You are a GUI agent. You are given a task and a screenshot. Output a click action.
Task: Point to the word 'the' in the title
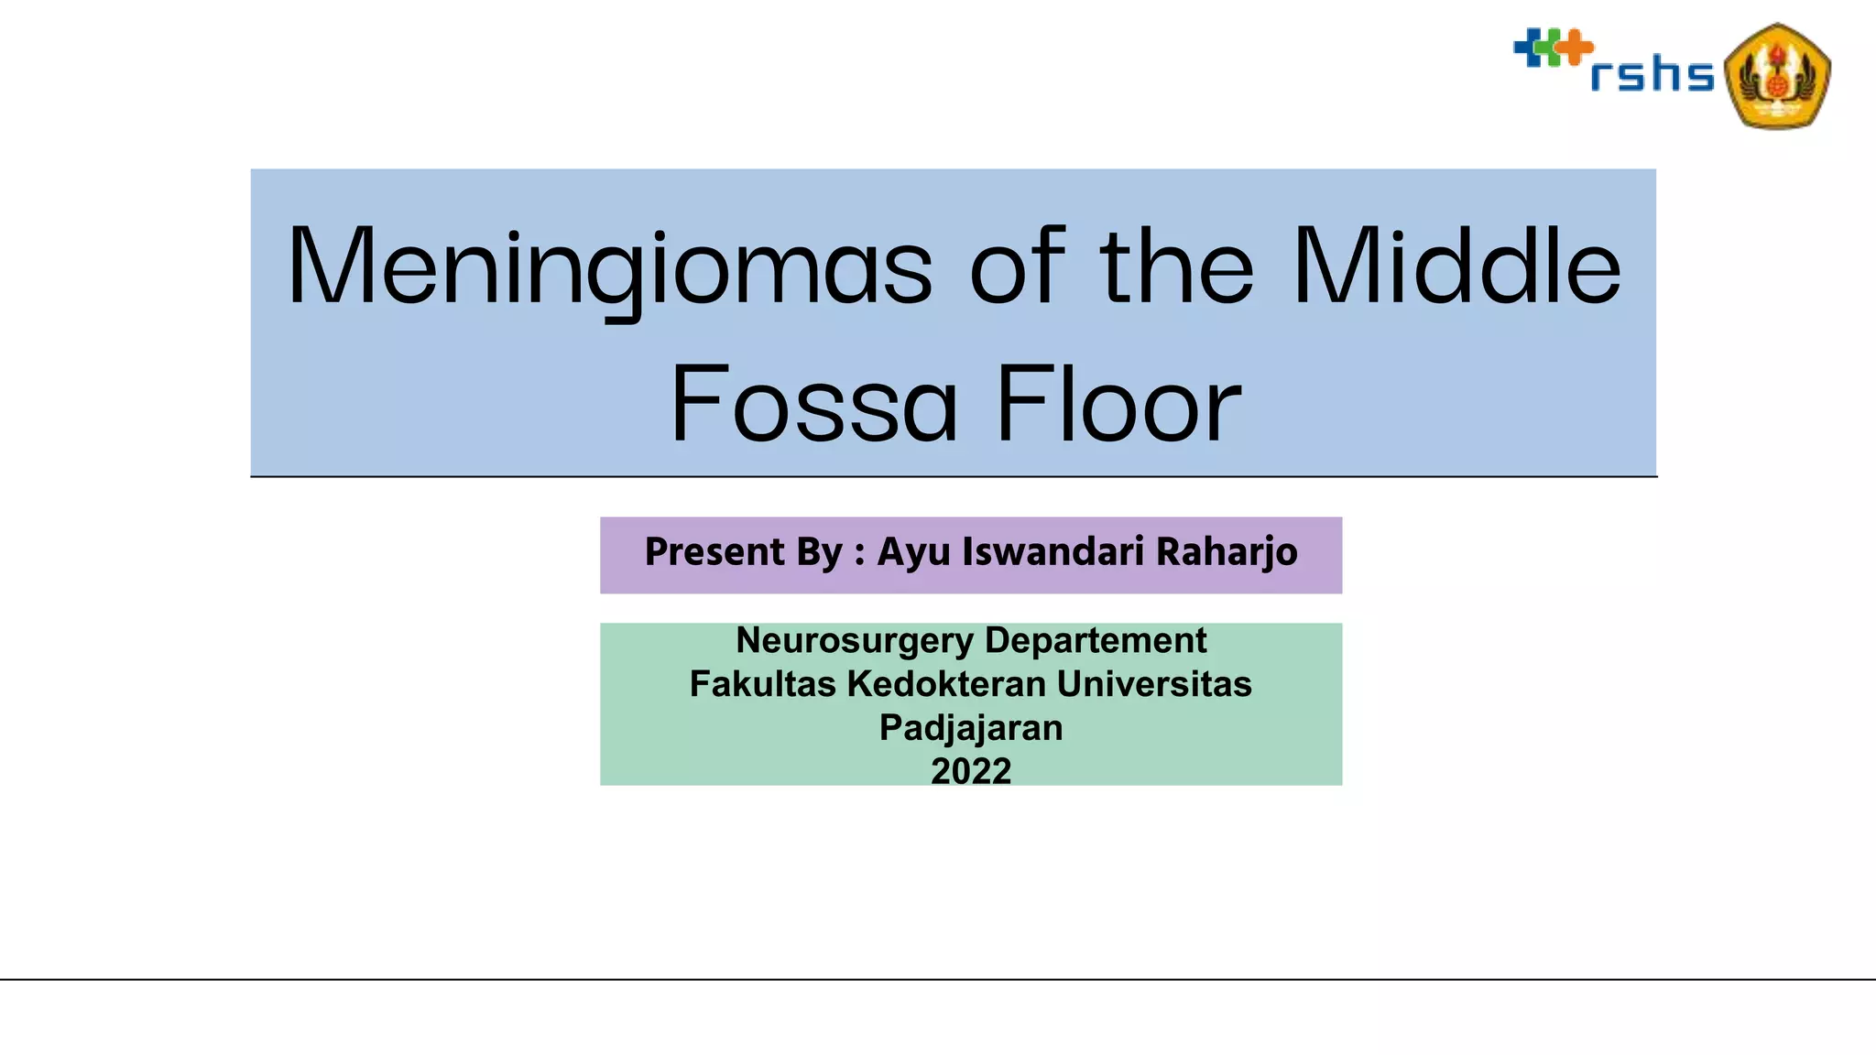coord(1177,267)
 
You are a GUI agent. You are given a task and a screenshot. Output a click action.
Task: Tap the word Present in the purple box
coord(714,552)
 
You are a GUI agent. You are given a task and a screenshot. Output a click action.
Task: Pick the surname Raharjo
coord(1227,553)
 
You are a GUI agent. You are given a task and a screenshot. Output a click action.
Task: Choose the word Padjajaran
coord(971,728)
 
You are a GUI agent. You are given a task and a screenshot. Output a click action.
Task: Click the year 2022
coord(971,771)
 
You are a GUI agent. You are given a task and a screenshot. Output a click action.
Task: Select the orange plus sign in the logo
coord(1575,47)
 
